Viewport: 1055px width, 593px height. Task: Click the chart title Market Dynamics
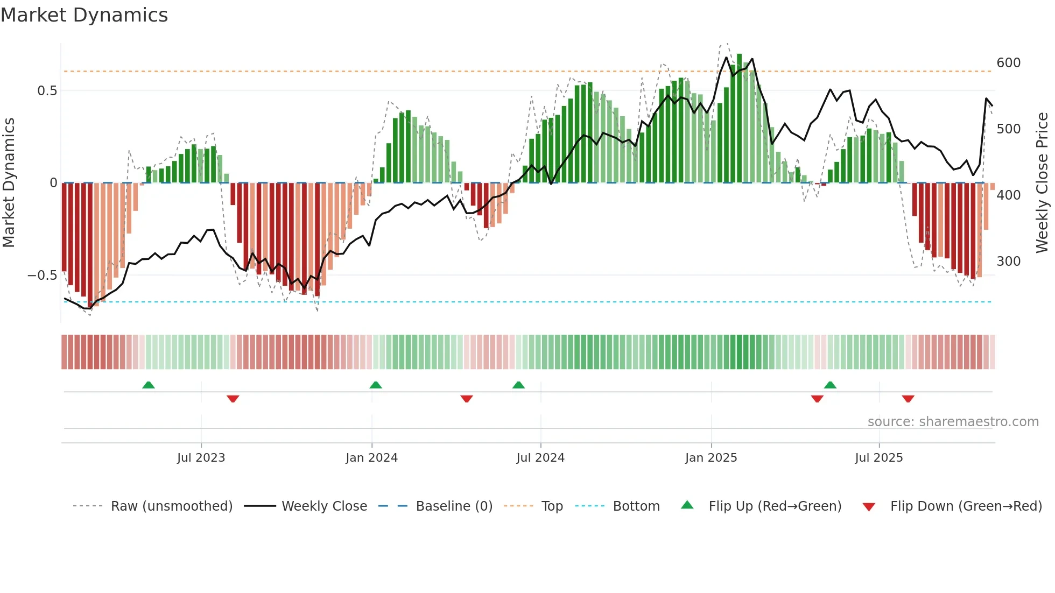(x=85, y=15)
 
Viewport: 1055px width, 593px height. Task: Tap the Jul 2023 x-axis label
(x=201, y=458)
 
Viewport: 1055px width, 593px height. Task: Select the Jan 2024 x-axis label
(x=371, y=458)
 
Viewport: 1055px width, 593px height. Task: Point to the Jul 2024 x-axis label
(x=540, y=458)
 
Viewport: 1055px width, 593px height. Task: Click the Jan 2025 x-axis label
(x=711, y=458)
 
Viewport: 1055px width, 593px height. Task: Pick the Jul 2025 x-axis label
(x=879, y=458)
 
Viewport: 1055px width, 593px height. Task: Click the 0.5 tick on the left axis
(x=47, y=91)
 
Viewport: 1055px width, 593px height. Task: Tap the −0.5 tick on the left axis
(x=43, y=276)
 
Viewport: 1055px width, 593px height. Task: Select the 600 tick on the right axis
(x=1008, y=63)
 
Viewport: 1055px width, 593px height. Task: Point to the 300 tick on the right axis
(x=1008, y=262)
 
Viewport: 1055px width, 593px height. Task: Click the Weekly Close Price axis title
(x=1043, y=182)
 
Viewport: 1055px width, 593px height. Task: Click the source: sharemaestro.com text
(x=953, y=422)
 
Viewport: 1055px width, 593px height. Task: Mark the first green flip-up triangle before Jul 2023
(x=149, y=385)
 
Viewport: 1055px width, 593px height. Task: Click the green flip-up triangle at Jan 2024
(x=376, y=385)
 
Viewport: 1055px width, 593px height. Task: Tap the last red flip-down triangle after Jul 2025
(x=908, y=399)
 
